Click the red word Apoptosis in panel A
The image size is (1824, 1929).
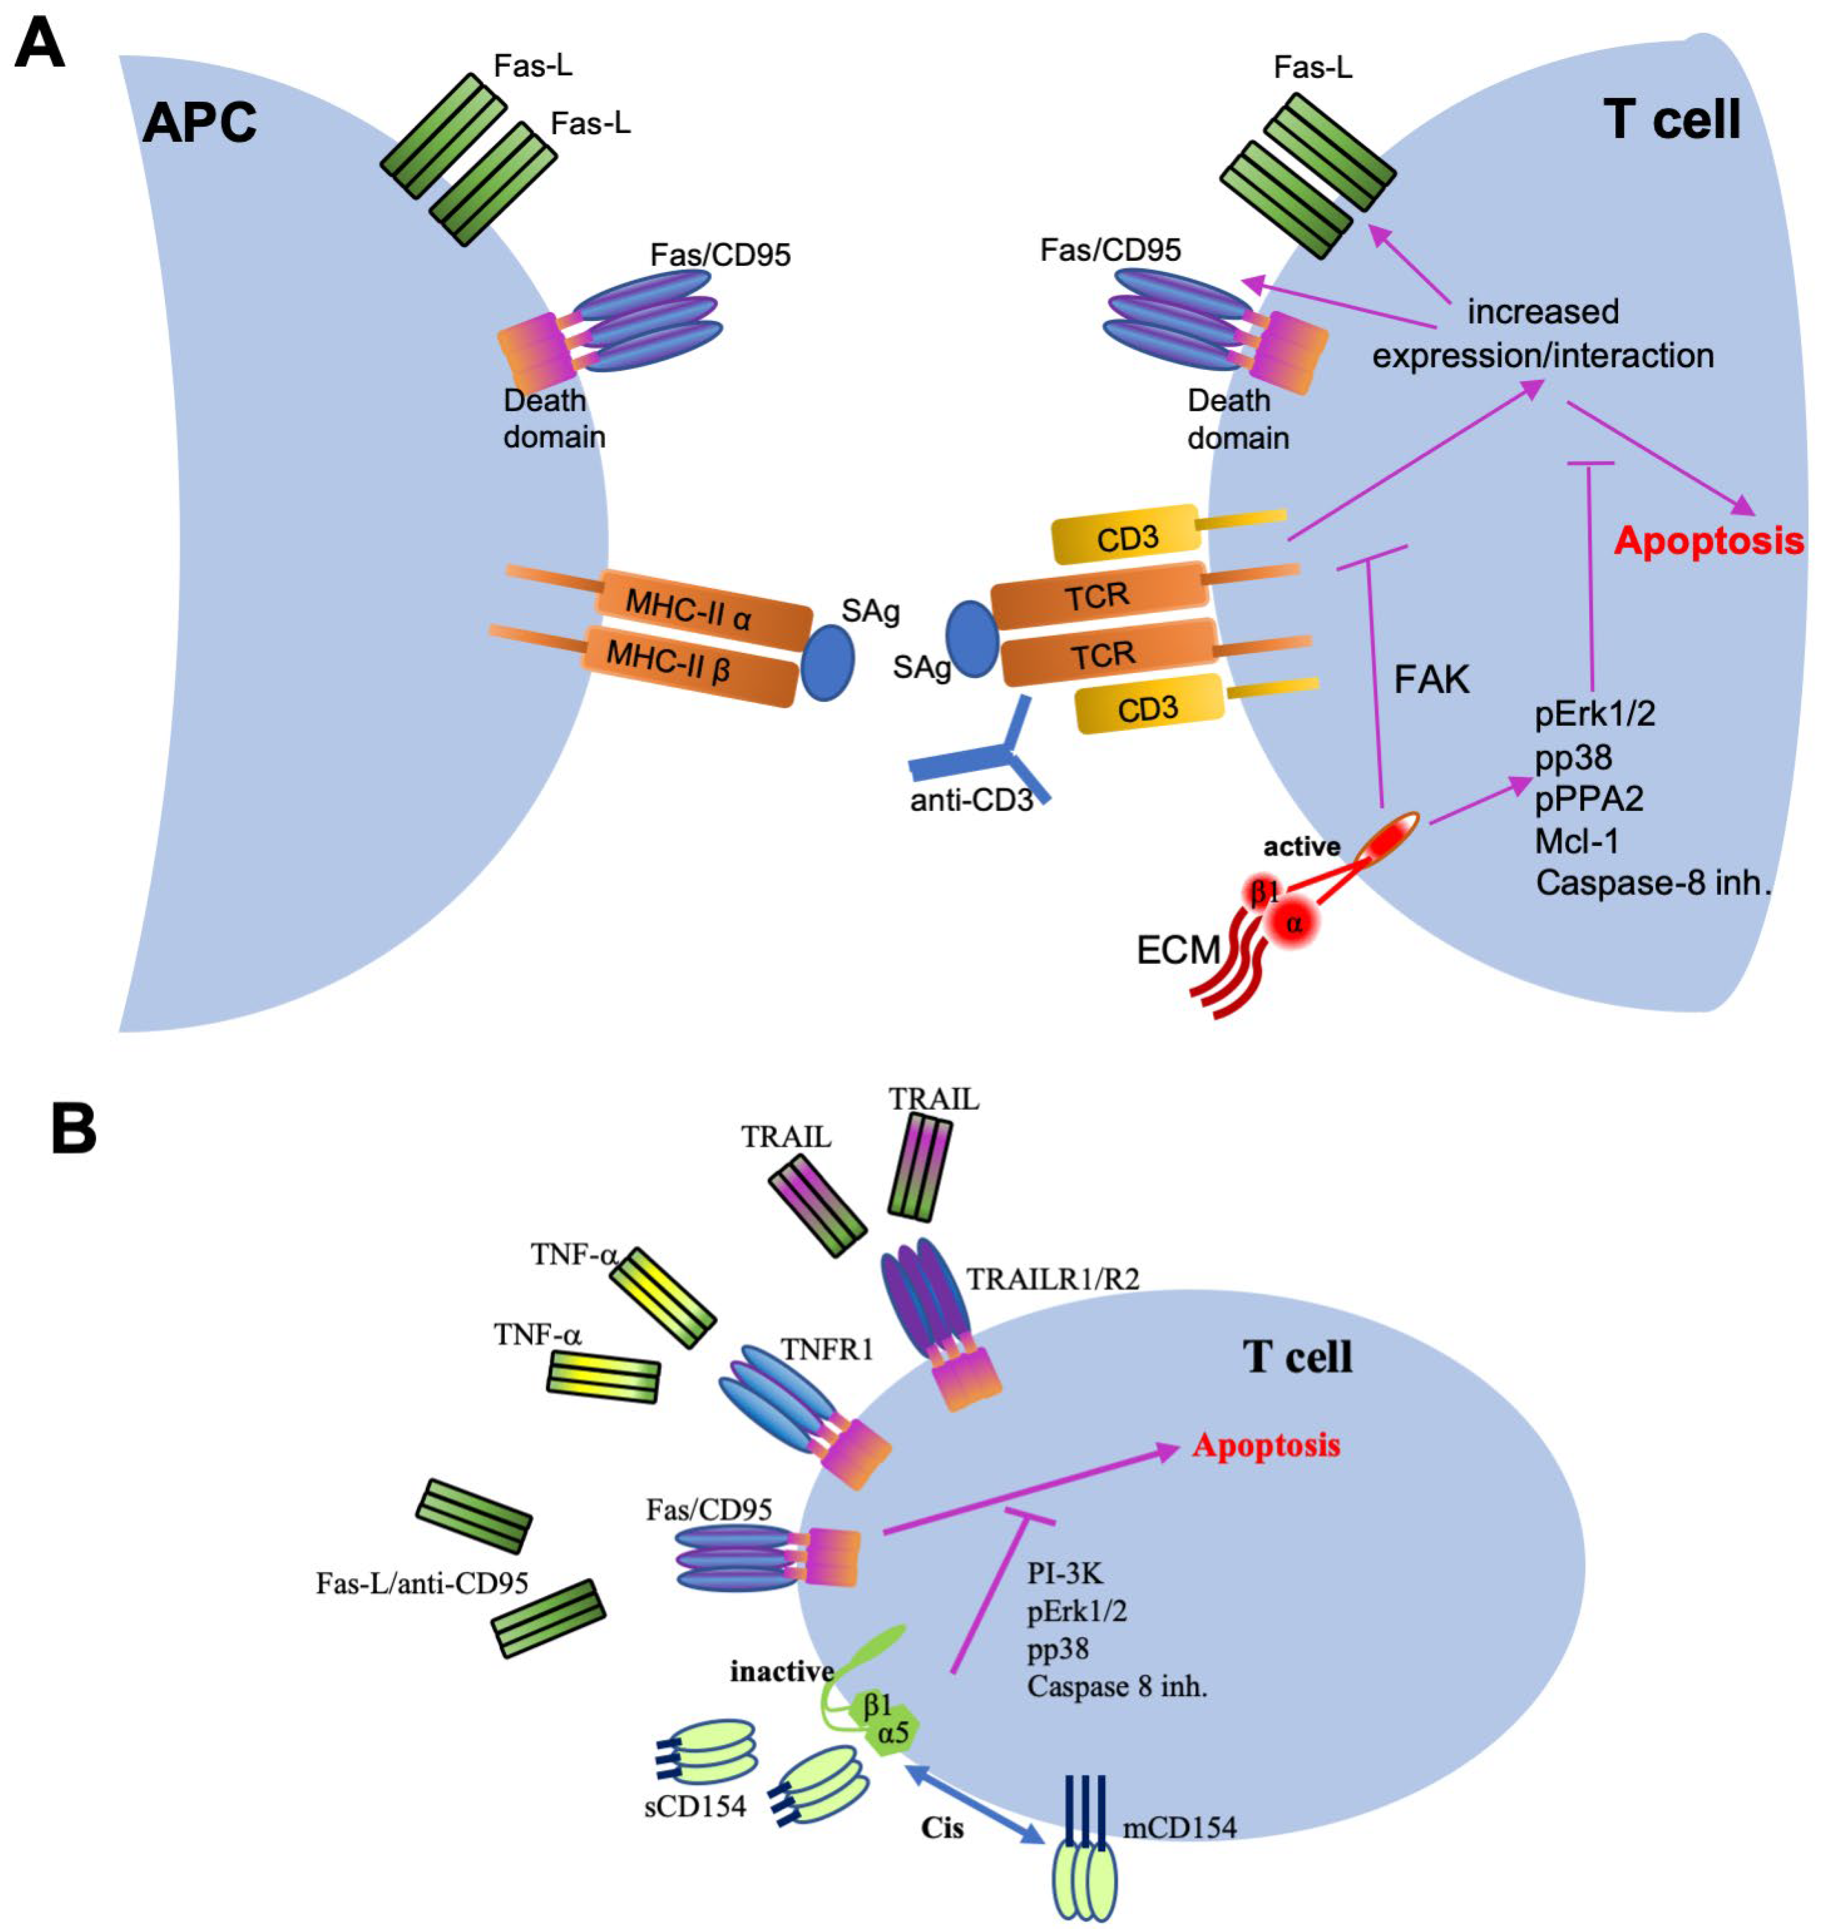click(x=1707, y=541)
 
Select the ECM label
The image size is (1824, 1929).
click(x=1177, y=949)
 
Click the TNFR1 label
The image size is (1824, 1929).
click(x=826, y=1350)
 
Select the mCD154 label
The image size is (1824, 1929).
click(x=1178, y=1827)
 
